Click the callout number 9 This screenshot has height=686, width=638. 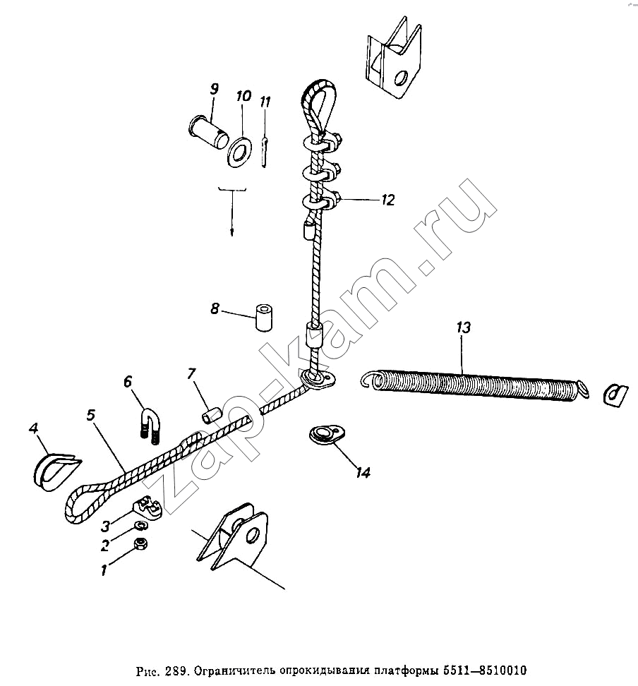tap(214, 89)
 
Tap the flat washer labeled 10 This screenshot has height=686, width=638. tap(239, 152)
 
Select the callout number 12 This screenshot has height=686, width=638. tap(387, 200)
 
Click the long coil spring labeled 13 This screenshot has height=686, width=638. tap(475, 385)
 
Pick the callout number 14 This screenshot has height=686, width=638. tap(363, 472)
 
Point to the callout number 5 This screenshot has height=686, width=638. tap(90, 415)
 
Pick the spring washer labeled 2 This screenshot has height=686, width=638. tap(141, 524)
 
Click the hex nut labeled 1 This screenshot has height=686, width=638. tap(141, 544)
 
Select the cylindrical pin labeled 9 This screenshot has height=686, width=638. tap(208, 128)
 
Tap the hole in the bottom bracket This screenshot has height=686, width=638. tap(252, 535)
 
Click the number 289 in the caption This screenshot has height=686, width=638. tap(176, 670)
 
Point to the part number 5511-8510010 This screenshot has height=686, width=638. tap(485, 670)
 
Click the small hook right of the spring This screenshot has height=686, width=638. tap(615, 395)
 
